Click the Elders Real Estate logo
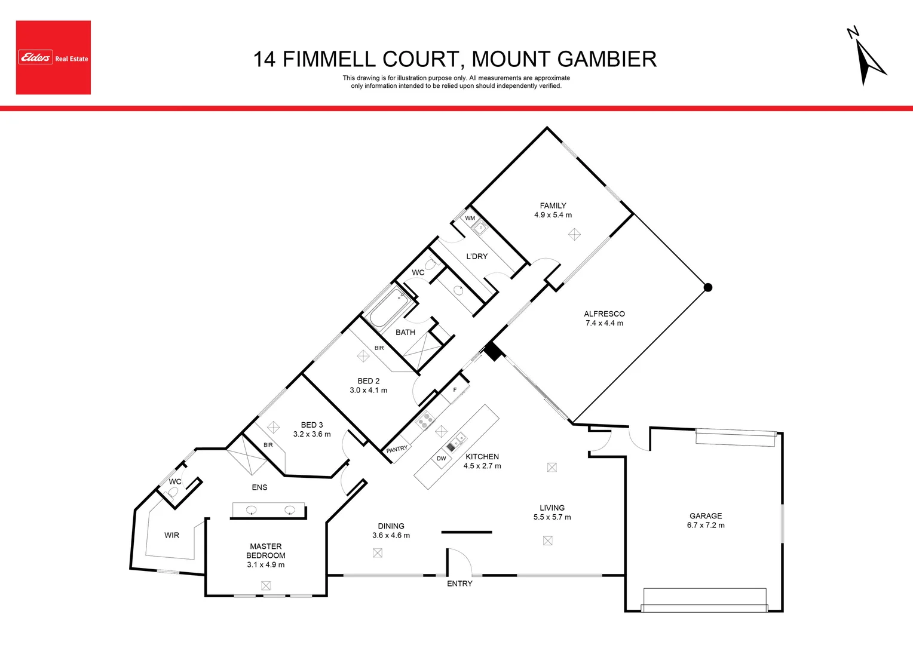[53, 57]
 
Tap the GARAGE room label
[705, 516]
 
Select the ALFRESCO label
[604, 314]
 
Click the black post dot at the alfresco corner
[708, 287]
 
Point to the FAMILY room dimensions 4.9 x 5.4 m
[553, 215]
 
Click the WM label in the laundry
[470, 218]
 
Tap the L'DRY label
[477, 256]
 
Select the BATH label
[405, 332]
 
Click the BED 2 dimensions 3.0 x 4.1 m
[368, 391]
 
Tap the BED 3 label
[312, 425]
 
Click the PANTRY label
[397, 449]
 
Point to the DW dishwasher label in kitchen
[441, 459]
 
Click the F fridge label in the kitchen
[455, 390]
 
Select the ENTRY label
[459, 583]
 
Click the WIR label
[171, 535]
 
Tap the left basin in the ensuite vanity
[252, 510]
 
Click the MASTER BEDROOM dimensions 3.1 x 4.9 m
[265, 565]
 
